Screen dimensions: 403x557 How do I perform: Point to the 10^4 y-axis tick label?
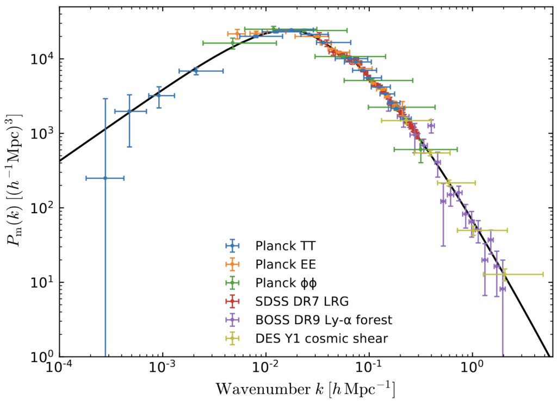point(44,59)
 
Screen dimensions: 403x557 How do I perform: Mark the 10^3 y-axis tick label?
point(44,133)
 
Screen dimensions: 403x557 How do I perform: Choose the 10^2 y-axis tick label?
point(44,208)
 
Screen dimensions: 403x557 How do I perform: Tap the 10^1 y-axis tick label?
point(44,282)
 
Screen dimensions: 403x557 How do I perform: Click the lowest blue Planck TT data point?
point(105,178)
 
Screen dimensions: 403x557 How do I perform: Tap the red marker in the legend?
point(232,301)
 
